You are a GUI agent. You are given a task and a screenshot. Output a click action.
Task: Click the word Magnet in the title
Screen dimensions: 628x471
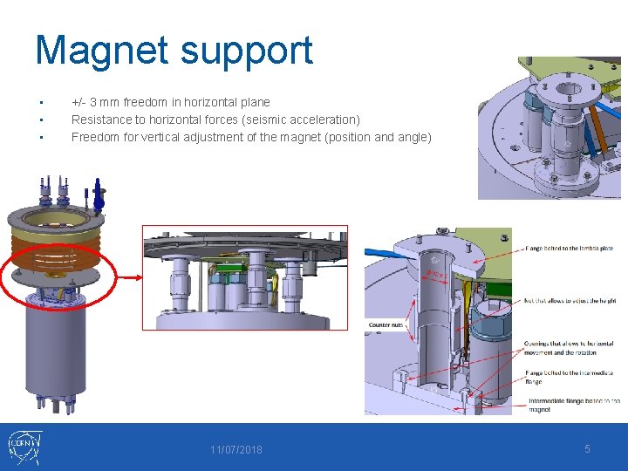(99, 51)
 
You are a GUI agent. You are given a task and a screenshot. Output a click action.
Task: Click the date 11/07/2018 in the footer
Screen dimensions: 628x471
(235, 450)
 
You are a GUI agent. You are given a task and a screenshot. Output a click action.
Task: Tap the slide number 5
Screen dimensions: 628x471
(587, 448)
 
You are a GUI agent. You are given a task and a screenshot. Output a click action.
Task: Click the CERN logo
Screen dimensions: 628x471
(24, 447)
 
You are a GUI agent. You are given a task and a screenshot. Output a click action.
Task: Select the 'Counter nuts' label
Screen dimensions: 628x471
(386, 324)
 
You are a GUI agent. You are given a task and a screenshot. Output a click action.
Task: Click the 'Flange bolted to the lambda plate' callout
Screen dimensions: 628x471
(569, 249)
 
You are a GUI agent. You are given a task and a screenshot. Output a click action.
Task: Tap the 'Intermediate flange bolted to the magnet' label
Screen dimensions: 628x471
(573, 406)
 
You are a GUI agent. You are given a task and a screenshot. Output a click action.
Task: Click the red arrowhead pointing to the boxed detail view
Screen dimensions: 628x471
(136, 276)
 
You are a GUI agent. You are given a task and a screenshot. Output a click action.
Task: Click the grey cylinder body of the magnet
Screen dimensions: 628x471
(54, 349)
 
